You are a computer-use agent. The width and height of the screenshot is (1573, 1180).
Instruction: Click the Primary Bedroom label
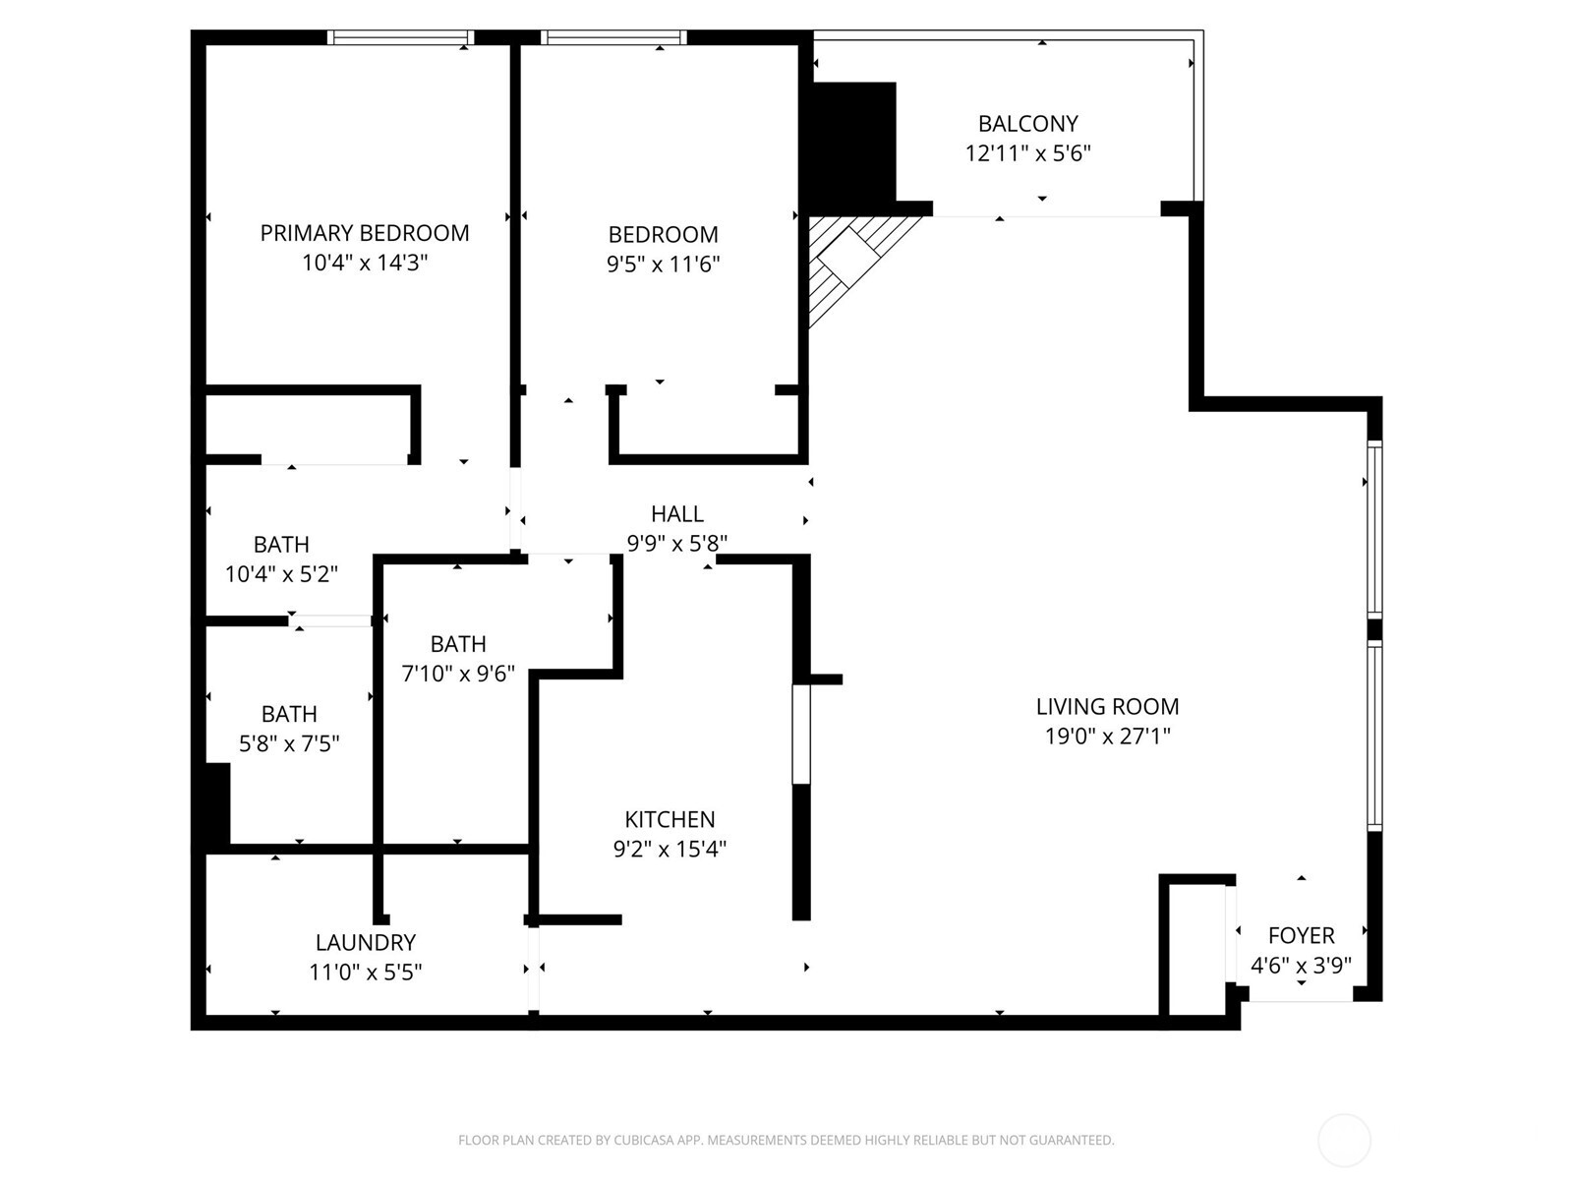(364, 233)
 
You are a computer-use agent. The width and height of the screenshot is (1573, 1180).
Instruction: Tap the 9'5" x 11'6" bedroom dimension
(664, 264)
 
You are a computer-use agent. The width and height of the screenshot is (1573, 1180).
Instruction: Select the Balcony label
(1027, 124)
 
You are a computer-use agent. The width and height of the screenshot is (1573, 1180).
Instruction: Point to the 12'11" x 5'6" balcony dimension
(1027, 153)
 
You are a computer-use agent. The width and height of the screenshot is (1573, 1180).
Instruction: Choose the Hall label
(676, 513)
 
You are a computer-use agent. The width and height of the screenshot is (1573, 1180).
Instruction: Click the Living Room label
(1107, 706)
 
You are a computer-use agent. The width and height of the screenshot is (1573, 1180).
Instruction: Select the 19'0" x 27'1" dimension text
(1107, 736)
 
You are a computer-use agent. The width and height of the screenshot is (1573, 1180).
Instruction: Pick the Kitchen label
(670, 819)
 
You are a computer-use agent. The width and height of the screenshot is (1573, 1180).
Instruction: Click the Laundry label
(365, 942)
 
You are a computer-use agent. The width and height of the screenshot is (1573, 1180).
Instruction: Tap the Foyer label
(1301, 935)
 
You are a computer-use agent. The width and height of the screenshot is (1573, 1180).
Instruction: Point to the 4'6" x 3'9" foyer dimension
(1301, 965)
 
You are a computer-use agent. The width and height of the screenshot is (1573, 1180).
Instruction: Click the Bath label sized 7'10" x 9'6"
(458, 644)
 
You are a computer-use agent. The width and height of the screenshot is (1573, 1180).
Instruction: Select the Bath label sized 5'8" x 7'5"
(289, 714)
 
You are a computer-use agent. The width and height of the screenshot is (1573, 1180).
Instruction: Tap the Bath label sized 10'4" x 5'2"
(281, 544)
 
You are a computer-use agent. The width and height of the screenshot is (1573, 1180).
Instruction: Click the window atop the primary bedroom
(400, 37)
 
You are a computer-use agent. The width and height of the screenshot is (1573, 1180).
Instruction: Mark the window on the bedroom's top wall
(612, 37)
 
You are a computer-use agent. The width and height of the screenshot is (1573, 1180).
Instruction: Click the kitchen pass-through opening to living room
(801, 734)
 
